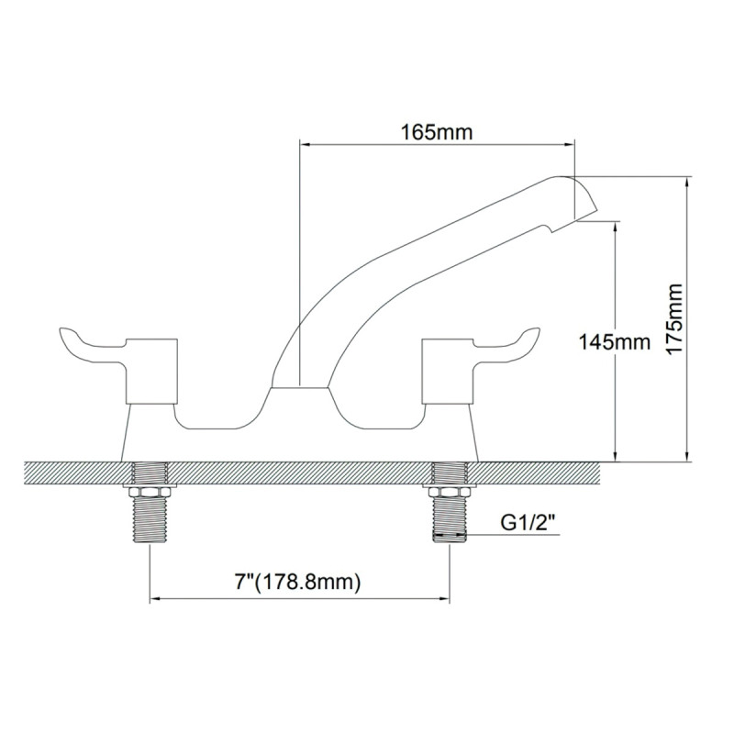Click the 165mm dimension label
click(437, 131)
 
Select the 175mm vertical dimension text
click(676, 319)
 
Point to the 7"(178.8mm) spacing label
click(297, 582)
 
